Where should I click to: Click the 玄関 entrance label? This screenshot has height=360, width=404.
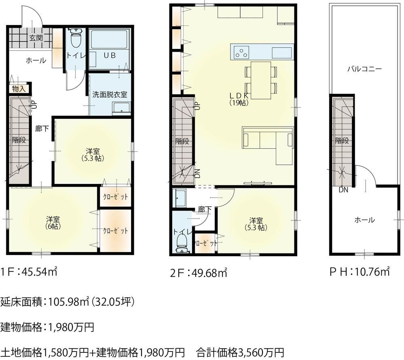tap(36, 38)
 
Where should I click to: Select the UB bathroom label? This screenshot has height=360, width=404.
tap(110, 55)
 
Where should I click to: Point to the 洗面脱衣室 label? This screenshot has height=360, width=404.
tap(110, 95)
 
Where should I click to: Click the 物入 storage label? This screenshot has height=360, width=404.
tap(19, 89)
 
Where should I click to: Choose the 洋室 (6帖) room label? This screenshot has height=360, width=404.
tap(53, 223)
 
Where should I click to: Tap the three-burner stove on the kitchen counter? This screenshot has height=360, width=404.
tap(241, 53)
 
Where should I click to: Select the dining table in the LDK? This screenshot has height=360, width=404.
tap(261, 80)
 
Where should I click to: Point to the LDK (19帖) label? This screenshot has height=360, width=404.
tap(239, 99)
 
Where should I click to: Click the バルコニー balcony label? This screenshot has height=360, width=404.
tap(364, 69)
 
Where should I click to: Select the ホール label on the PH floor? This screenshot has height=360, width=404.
tap(365, 220)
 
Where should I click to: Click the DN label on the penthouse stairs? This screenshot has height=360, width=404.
tap(343, 190)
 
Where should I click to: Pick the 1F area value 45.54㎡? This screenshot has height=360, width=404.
tap(39, 272)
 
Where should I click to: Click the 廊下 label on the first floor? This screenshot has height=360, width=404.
tap(42, 128)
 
